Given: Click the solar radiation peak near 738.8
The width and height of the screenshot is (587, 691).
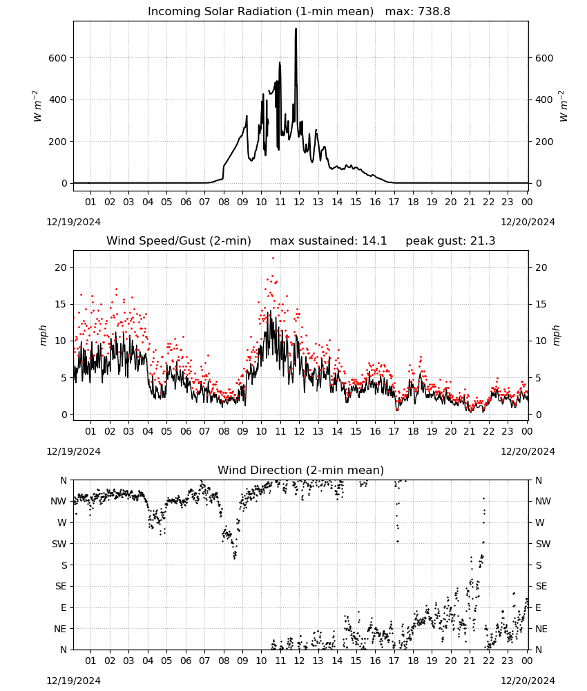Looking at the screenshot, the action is point(296,29).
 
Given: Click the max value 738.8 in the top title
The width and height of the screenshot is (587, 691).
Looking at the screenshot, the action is point(434,12).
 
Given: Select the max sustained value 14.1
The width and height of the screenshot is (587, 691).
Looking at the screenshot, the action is point(374,241).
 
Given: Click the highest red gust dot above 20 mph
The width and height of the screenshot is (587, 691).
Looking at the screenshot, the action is point(273,258).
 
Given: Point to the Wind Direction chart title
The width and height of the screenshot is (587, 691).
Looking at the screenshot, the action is point(301,470).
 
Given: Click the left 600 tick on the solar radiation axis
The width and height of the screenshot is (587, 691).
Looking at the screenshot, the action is point(58,58).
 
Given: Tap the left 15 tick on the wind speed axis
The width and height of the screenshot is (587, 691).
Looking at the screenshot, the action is point(61,305).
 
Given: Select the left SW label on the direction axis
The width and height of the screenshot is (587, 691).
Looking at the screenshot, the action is point(59,545).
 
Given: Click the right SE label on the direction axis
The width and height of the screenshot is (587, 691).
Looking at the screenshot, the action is point(541,587).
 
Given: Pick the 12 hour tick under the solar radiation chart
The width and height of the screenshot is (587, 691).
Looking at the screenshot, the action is point(299,202).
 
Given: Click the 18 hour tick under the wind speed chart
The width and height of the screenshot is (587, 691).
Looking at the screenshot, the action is point(413,431).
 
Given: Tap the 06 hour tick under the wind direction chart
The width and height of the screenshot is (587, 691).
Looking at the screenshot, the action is point(186,661).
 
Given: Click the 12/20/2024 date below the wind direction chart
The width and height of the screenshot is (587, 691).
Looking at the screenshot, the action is point(528,681).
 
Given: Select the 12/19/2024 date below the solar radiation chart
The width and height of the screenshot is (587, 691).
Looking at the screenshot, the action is point(73,222).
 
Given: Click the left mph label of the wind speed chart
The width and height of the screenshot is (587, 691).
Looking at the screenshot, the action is point(43,335).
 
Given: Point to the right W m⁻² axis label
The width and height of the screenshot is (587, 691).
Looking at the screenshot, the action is point(564,106).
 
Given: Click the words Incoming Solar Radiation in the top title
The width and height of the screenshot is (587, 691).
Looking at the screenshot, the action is point(220,12).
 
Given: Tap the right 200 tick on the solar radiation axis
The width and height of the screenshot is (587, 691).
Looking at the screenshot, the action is point(544,142).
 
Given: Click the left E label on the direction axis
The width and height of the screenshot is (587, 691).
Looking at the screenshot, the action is point(64,607).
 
